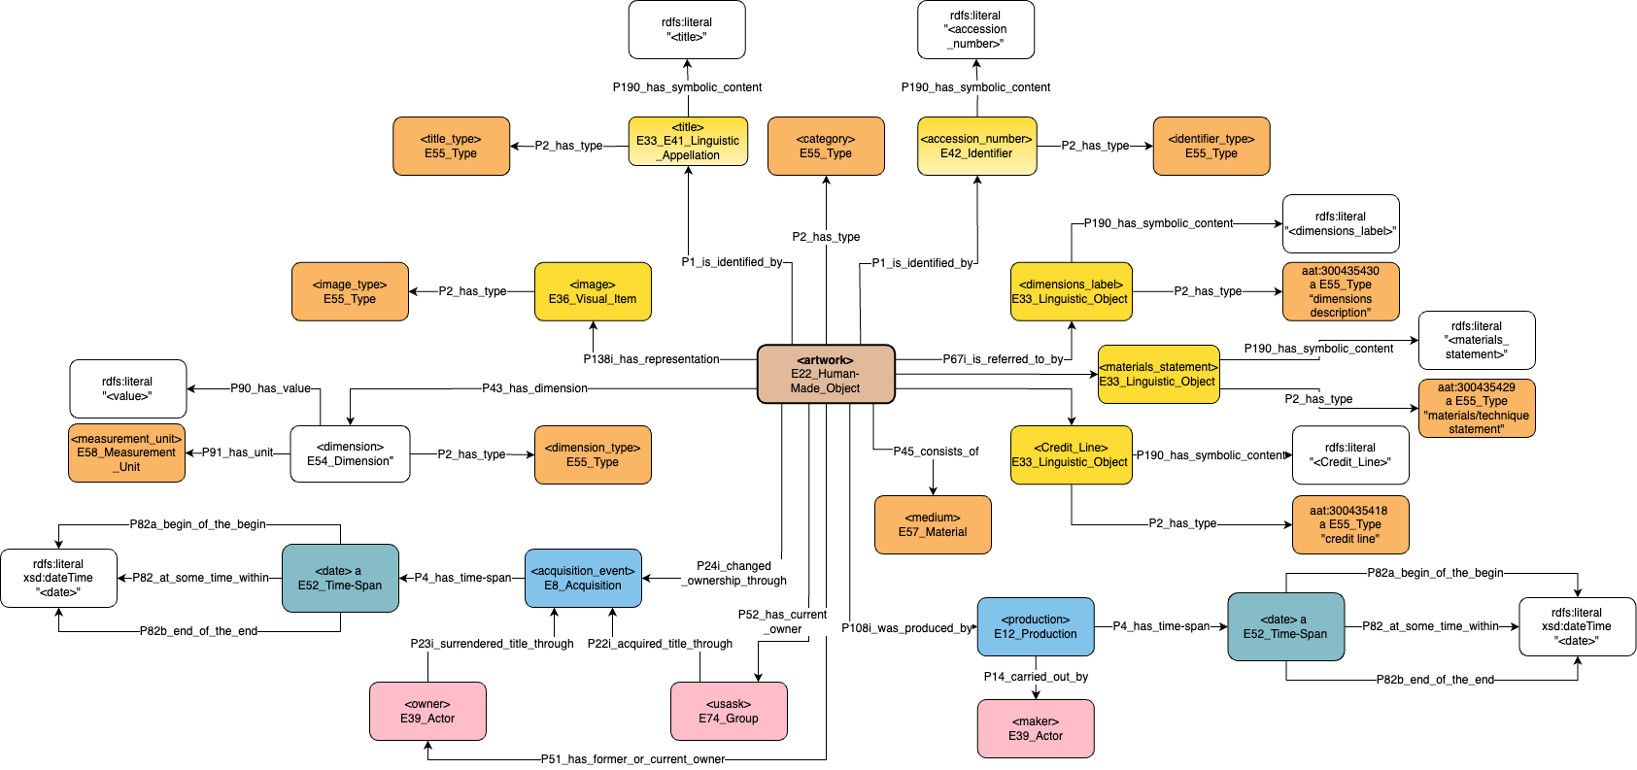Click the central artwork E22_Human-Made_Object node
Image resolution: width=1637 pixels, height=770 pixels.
[826, 374]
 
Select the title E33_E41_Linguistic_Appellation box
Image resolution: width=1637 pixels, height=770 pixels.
[688, 142]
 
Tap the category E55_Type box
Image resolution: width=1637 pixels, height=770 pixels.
[826, 147]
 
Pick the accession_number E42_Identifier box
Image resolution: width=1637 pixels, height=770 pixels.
[976, 147]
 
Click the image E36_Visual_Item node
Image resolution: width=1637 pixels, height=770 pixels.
[593, 291]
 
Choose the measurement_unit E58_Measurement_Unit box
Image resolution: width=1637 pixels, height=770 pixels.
[126, 452]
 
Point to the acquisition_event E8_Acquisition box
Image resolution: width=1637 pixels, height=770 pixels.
[583, 578]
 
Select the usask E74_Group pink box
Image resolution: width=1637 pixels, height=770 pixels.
[729, 711]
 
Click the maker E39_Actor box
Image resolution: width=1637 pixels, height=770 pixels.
[1036, 728]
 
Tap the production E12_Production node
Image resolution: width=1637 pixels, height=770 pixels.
[1036, 626]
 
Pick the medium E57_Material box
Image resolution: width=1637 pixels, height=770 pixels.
[933, 524]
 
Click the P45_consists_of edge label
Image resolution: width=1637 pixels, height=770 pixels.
[936, 452]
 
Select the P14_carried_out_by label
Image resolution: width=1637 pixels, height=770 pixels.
[1036, 677]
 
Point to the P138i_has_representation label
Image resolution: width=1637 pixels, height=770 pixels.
[651, 359]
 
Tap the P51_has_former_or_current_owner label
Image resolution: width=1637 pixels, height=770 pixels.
[632, 759]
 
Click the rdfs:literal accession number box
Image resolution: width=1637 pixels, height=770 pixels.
[975, 29]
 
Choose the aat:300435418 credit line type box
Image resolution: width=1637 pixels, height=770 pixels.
[1350, 524]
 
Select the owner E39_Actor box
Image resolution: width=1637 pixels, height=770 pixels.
[427, 711]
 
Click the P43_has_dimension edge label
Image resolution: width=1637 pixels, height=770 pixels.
[534, 388]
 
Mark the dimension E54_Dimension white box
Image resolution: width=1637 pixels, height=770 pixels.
[350, 453]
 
